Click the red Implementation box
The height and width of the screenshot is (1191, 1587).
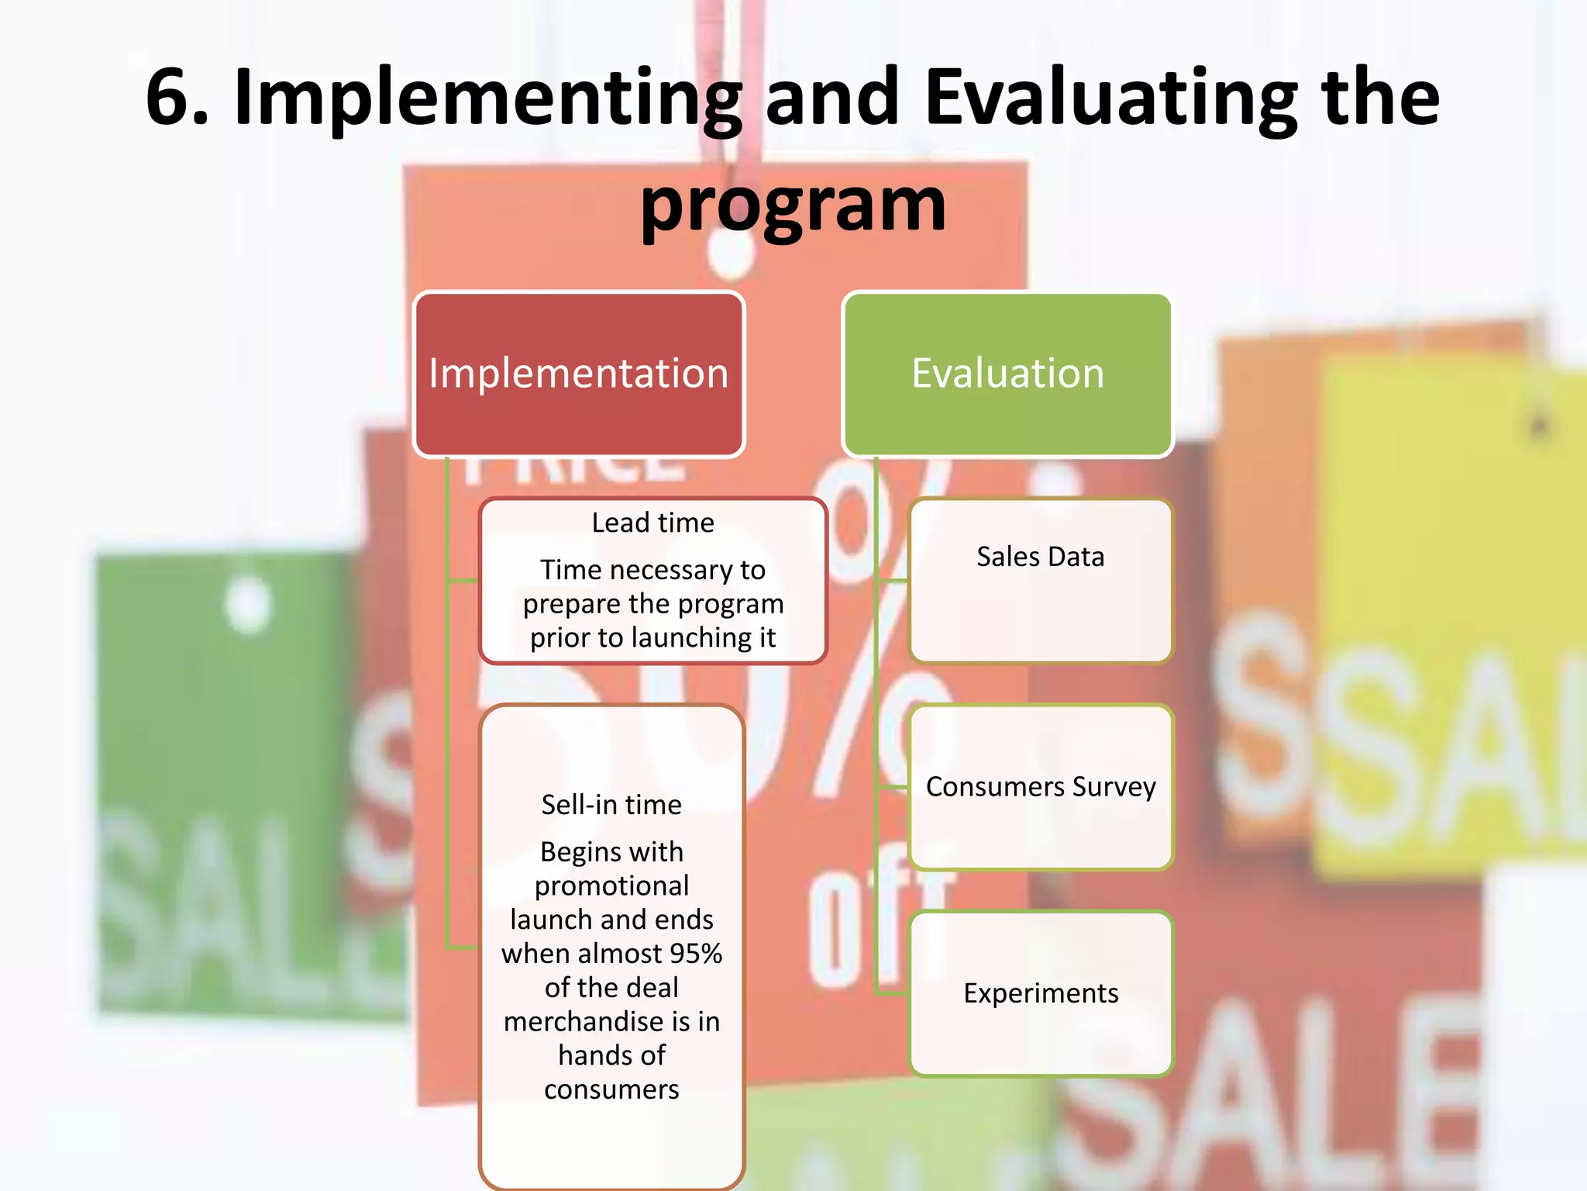tap(579, 375)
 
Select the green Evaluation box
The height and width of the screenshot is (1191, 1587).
tap(1007, 375)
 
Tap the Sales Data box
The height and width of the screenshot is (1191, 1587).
tap(1040, 580)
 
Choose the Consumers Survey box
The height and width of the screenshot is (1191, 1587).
tap(1040, 787)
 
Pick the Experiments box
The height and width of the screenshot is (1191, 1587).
tap(1040, 993)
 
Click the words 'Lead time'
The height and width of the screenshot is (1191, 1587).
tap(652, 523)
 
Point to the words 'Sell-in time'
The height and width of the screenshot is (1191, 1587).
tap(611, 805)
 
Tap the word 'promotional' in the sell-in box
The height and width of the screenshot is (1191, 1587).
tap(611, 885)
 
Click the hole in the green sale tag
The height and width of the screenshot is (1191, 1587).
tap(248, 605)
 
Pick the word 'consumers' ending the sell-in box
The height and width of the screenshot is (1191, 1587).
tap(611, 1089)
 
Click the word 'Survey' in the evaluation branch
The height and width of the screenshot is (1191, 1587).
tap(1114, 787)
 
